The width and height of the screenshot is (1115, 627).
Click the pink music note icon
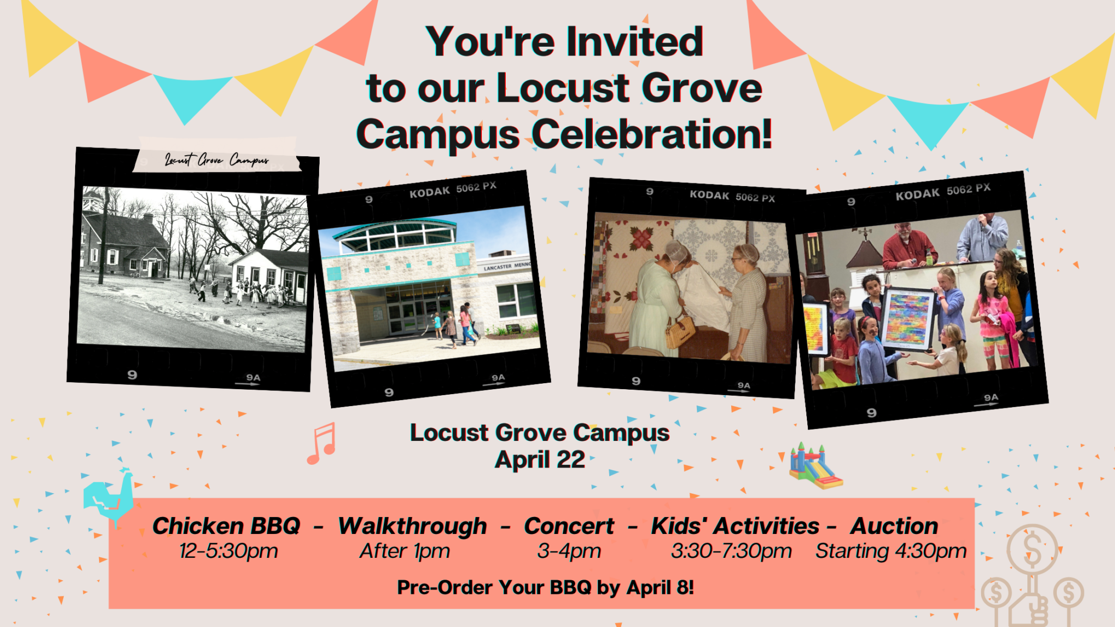(322, 444)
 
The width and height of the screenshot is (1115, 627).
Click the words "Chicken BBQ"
(226, 526)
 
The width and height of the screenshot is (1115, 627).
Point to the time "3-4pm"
(569, 551)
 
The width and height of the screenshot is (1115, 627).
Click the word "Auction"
(894, 526)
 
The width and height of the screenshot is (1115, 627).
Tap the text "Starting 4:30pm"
(891, 551)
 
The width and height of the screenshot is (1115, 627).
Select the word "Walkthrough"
(412, 526)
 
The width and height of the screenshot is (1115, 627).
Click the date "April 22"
(540, 460)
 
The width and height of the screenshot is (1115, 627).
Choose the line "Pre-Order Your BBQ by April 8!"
(545, 588)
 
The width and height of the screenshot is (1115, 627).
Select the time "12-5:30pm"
(229, 551)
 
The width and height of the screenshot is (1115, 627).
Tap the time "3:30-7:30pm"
(731, 551)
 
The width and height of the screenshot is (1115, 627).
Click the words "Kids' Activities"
(735, 526)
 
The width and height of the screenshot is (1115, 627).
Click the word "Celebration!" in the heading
(652, 134)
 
